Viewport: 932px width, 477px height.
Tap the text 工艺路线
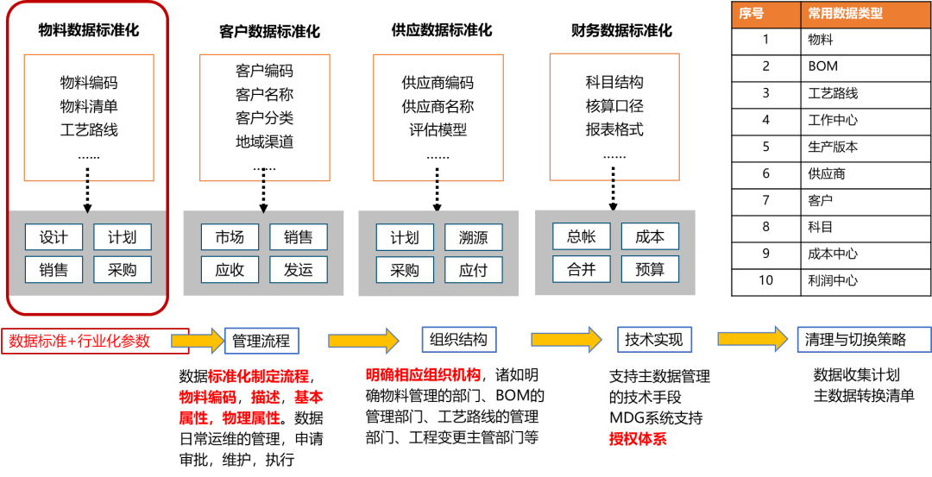(x=89, y=130)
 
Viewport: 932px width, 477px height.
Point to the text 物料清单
(x=89, y=107)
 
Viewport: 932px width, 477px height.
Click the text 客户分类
(x=264, y=118)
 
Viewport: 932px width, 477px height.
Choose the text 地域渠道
(x=264, y=141)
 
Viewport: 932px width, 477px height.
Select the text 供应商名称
(x=438, y=107)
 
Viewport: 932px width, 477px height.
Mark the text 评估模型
(x=438, y=130)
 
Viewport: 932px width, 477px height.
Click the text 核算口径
(x=614, y=106)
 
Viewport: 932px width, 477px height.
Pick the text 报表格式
(x=614, y=130)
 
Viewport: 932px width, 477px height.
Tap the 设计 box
(x=54, y=237)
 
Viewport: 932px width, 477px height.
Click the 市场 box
(x=230, y=237)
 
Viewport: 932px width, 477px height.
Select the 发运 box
(x=299, y=270)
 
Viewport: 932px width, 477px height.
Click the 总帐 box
(x=581, y=236)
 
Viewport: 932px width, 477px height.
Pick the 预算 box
(x=650, y=269)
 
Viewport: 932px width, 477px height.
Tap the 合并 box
(x=581, y=269)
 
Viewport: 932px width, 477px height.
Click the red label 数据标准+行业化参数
(x=79, y=341)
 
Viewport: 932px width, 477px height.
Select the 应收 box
(x=230, y=270)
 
